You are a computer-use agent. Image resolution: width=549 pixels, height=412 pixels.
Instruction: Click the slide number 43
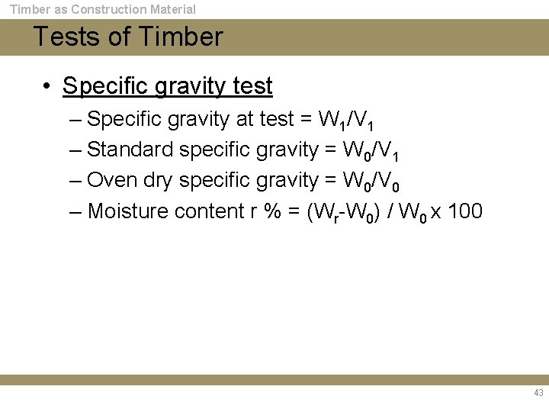(x=538, y=393)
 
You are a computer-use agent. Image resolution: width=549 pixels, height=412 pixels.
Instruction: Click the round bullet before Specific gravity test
(x=47, y=87)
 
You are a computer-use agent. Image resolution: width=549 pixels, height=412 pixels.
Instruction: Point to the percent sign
(x=272, y=211)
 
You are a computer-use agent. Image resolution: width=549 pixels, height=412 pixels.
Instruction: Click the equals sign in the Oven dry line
(x=331, y=180)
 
